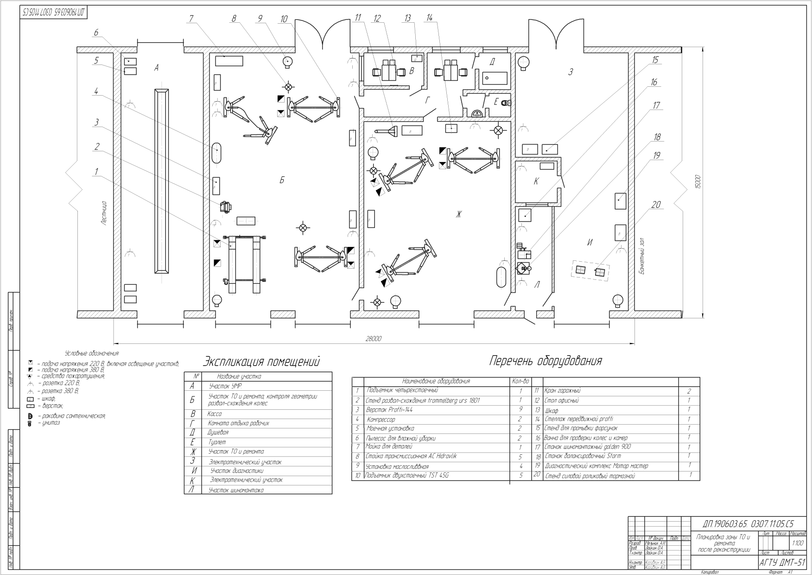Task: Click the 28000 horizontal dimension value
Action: point(374,339)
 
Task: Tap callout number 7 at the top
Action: point(190,19)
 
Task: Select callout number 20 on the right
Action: point(656,205)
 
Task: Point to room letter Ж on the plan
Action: point(459,214)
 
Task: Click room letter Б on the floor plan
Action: point(281,180)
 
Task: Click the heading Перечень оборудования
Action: point(546,361)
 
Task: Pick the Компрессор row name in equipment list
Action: point(381,419)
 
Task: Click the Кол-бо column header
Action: point(520,381)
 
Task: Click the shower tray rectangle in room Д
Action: point(495,77)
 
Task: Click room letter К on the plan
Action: point(536,181)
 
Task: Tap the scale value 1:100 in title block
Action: point(798,542)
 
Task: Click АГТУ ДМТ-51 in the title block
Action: point(782,562)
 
